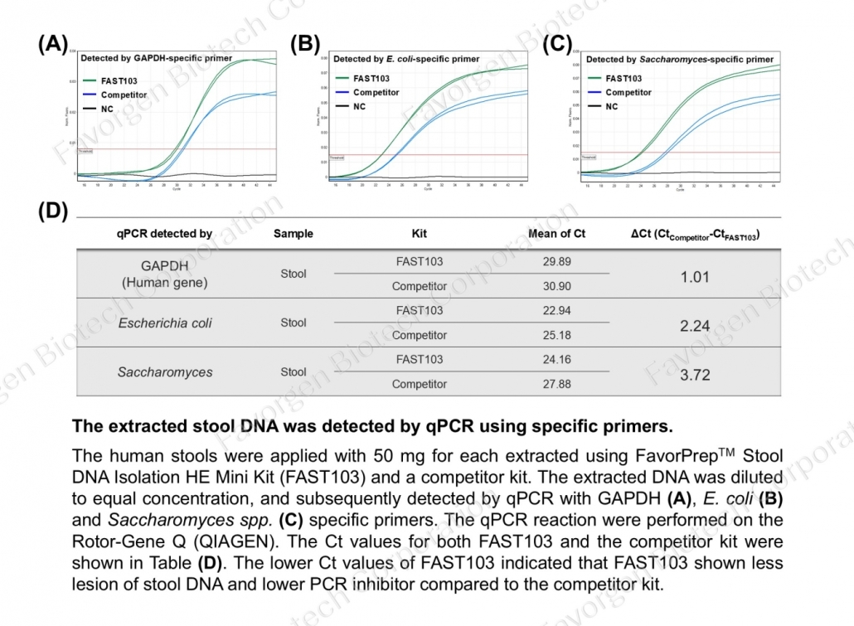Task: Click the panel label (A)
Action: pos(54,45)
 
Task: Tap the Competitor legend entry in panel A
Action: pos(124,95)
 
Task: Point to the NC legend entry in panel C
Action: pos(612,106)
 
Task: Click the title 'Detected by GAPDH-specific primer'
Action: pos(156,59)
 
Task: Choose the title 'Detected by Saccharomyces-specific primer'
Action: pos(679,60)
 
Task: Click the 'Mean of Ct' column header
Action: pos(556,234)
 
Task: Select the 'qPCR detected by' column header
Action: pos(164,234)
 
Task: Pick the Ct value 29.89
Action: pos(556,262)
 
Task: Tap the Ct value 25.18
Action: pos(556,336)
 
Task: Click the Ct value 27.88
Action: pos(556,385)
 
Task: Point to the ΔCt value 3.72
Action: pos(695,375)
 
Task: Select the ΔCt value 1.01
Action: pos(695,277)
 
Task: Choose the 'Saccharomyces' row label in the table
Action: pos(164,372)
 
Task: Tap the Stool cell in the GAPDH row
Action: pos(294,274)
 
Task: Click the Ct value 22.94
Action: pos(556,311)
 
